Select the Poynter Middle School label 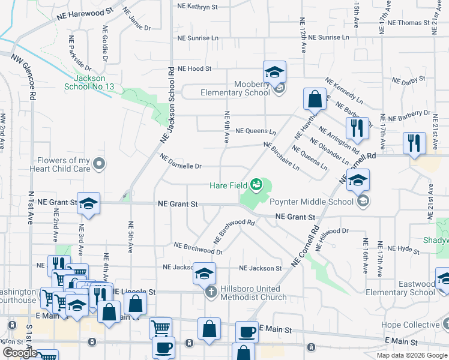(x=312, y=202)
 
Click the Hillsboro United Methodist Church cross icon (x=211, y=292)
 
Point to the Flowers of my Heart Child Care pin (x=100, y=163)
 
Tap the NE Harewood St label (x=83, y=11)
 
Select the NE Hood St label (x=194, y=69)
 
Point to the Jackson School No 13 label (x=89, y=82)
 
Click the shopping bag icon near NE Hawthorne (x=315, y=98)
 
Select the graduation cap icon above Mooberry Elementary (x=274, y=72)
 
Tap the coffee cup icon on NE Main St (x=246, y=331)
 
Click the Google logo (x=20, y=353)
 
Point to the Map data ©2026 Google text (x=412, y=355)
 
